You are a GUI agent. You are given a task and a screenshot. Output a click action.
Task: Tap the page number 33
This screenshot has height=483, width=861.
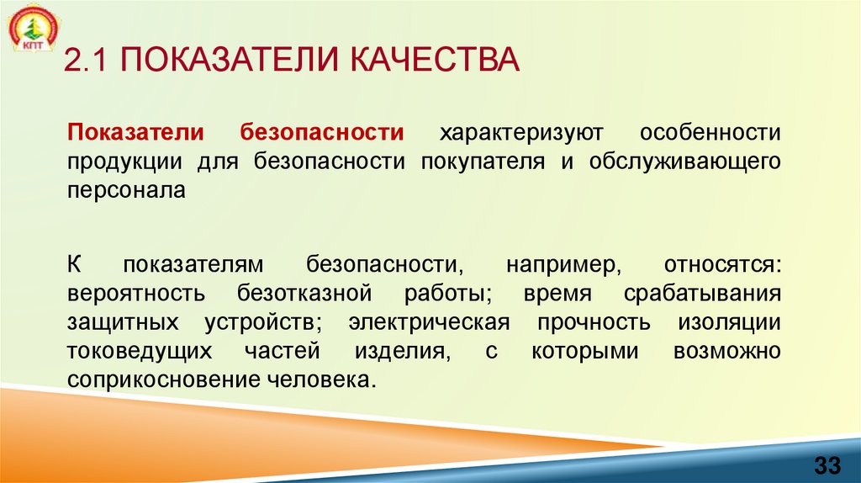click(827, 464)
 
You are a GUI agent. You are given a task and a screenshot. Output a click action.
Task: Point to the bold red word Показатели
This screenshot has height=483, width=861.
click(136, 133)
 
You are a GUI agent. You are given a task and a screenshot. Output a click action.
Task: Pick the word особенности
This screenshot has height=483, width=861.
click(710, 133)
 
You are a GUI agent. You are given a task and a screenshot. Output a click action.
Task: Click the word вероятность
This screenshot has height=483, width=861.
click(136, 294)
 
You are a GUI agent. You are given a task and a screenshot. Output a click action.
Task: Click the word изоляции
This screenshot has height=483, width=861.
click(728, 322)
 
